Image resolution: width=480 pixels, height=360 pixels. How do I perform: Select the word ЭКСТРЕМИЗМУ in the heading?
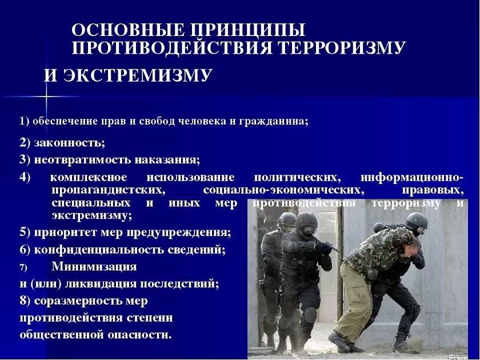pos(138,75)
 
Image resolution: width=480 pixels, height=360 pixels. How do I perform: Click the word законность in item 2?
pos(70,143)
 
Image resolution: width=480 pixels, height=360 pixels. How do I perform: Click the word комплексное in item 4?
pos(89,177)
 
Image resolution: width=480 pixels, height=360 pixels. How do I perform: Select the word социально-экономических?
pos(284,190)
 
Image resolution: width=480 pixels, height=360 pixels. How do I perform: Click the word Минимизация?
pos(94,266)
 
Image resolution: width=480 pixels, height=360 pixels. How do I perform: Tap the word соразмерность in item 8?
pos(78,301)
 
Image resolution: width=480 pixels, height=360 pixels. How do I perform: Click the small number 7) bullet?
pos(23,267)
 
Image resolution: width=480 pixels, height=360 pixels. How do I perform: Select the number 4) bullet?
pos(25,178)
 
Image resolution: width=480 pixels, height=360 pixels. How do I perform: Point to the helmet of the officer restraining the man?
pos(417,221)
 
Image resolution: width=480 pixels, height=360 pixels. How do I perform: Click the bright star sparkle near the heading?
pos(46,97)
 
